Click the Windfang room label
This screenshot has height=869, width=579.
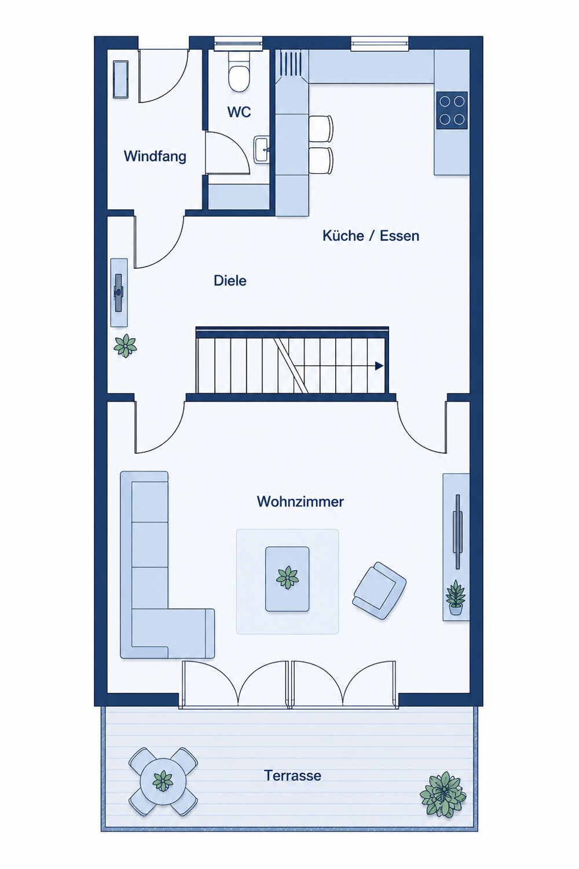click(155, 156)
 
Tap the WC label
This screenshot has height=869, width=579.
click(239, 112)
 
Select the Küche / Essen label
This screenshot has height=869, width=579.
click(371, 235)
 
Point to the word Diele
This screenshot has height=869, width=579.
click(230, 280)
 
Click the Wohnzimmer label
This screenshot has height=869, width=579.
click(300, 501)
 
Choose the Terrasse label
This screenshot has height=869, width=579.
click(292, 775)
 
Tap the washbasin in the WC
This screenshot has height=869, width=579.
click(262, 149)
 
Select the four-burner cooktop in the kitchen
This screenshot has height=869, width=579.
click(452, 110)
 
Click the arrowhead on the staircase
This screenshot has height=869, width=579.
click(379, 366)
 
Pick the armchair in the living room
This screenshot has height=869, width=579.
click(379, 590)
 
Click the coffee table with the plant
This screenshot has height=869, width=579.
click(287, 579)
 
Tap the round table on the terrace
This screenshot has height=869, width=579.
click(163, 782)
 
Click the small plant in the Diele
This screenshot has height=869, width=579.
click(125, 345)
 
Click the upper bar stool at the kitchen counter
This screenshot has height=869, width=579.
click(321, 129)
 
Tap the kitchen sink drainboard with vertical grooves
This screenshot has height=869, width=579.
click(290, 64)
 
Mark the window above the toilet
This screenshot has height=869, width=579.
click(238, 43)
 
